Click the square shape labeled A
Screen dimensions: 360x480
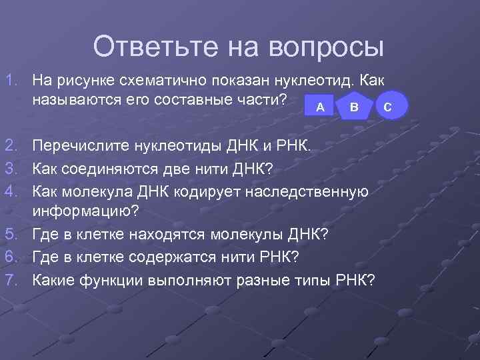pos(320,107)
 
